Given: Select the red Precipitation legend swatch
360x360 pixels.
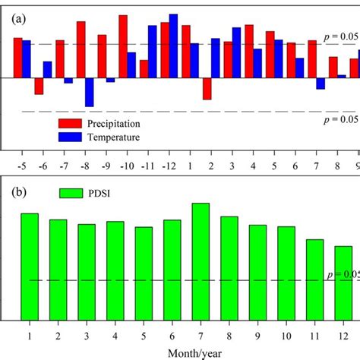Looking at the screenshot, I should [x=71, y=123].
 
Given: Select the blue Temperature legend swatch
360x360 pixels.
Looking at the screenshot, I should [x=71, y=137].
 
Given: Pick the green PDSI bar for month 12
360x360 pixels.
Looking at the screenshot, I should [x=343, y=283].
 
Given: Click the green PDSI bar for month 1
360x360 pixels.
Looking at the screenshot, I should [x=29, y=266].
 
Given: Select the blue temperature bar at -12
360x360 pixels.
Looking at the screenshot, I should [x=174, y=46].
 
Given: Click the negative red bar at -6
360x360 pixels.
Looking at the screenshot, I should [x=39, y=86].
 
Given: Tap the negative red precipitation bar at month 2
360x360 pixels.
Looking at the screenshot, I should [x=207, y=88].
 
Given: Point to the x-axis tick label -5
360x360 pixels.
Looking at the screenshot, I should [x=22, y=164].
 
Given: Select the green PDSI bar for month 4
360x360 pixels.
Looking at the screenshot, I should [x=115, y=270].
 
